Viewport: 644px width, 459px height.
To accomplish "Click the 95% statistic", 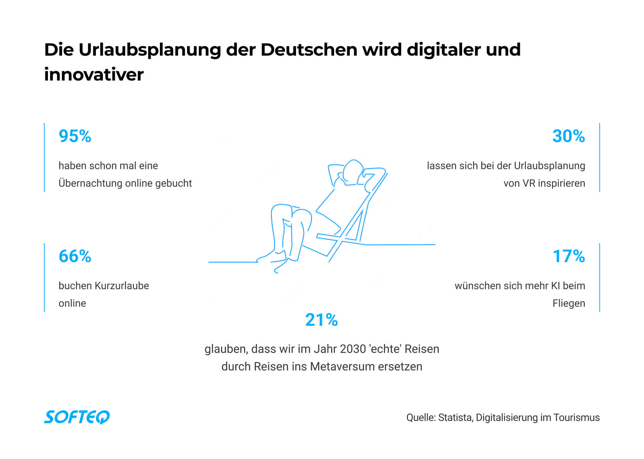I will pos(75,136).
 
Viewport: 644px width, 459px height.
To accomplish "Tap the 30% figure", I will pos(568,136).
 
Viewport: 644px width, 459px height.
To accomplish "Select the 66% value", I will pos(75,256).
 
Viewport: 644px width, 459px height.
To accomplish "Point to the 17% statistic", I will pos(569,256).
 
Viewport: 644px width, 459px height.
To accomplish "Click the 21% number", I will pos(321,320).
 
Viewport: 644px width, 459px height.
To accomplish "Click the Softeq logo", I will pos(77,417).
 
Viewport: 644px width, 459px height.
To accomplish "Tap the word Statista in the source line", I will pos(455,418).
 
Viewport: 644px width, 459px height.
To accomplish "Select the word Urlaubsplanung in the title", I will pos(149,50).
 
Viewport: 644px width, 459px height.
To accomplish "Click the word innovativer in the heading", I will pos(94,75).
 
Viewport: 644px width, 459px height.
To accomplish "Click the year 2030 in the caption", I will pos(353,349).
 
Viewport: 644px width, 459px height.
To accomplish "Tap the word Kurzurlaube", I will pos(121,286).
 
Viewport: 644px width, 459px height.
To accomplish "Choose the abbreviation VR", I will pos(529,183).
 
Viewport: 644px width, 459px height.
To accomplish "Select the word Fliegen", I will pos(569,303).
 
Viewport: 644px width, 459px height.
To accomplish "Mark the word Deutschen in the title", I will pos(308,50).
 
